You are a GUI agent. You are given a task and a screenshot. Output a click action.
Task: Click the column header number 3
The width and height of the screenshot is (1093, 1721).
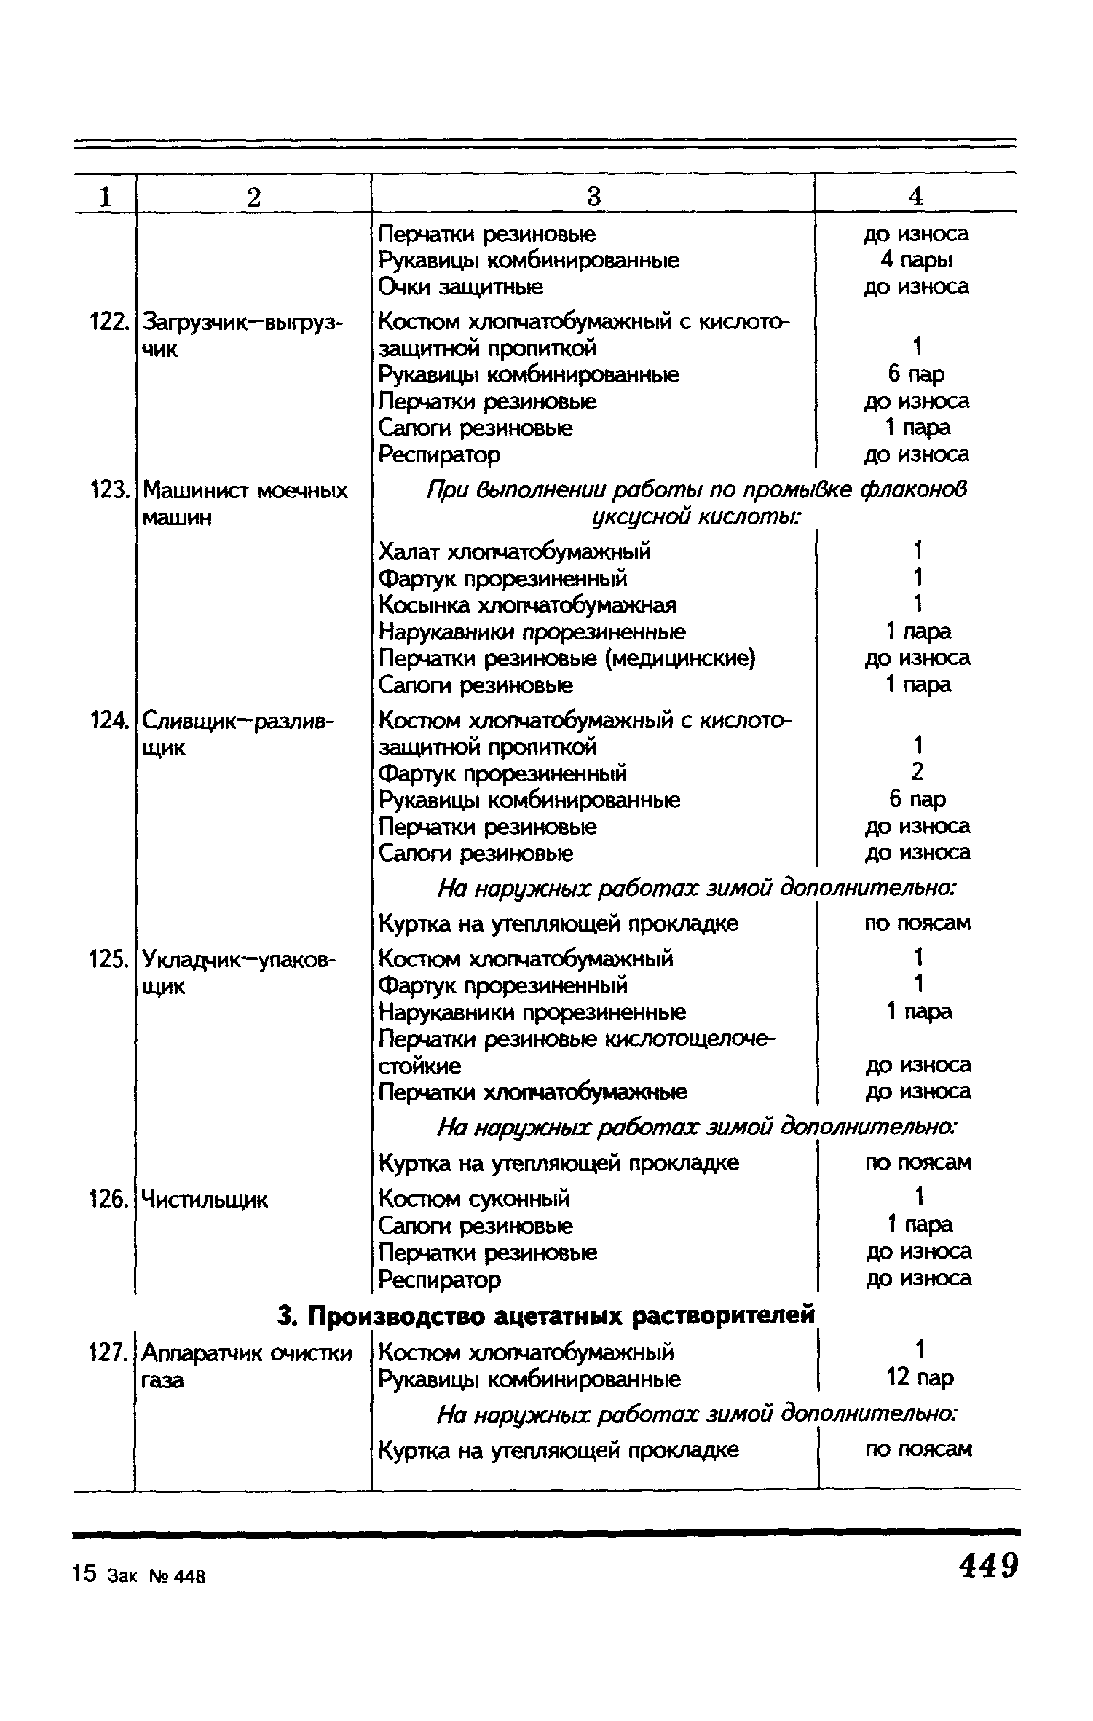coord(593,197)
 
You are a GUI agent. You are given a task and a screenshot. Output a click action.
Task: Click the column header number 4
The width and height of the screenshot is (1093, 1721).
coord(916,197)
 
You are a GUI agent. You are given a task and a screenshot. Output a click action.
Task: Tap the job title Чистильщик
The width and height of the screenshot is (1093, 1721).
coord(205,1199)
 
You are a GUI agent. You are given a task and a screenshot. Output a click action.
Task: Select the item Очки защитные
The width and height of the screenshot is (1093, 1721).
coord(461,287)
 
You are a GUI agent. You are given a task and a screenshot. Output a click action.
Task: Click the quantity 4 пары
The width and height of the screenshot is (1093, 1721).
coord(916,260)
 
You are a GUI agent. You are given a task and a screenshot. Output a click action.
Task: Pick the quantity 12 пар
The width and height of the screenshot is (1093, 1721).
coord(920,1377)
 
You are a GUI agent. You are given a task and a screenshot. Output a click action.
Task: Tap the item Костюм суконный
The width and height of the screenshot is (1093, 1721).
coord(474,1198)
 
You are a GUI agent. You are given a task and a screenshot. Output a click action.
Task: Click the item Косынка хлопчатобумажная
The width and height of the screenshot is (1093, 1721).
coord(527,605)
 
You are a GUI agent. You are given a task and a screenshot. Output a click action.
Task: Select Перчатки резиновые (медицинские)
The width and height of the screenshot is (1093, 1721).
coord(567,658)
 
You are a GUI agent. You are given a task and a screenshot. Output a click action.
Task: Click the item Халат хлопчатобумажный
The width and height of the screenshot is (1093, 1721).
coord(515,552)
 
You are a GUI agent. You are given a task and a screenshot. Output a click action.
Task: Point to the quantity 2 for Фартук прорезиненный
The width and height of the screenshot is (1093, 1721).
coord(918,771)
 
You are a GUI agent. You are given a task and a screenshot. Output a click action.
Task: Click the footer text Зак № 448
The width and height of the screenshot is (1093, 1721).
coord(156,1576)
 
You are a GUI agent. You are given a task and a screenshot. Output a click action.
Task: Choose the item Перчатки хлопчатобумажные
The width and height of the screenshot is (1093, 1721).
coord(533,1092)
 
